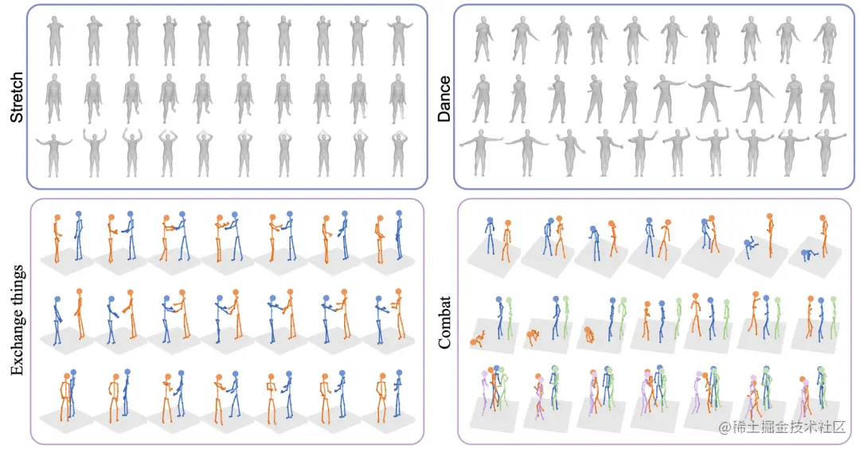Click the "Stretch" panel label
pyautogui.click(x=16, y=97)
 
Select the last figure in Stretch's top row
pyautogui.click(x=399, y=40)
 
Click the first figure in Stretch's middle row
pyautogui.click(x=54, y=97)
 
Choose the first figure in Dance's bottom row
pyautogui.click(x=479, y=151)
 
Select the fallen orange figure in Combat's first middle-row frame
pyautogui.click(x=479, y=341)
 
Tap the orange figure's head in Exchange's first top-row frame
pyautogui.click(x=57, y=217)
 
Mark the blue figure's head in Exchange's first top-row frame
pyautogui.click(x=78, y=213)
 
